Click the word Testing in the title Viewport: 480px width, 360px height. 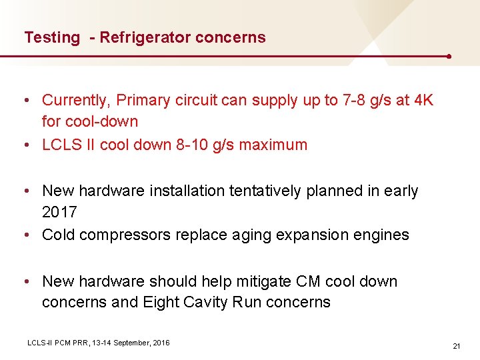tap(51, 38)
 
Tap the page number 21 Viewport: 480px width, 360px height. tap(457, 346)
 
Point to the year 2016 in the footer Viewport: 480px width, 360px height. tap(161, 343)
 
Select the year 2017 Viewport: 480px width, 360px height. tap(59, 213)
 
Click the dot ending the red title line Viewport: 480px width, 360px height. tap(450, 57)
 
